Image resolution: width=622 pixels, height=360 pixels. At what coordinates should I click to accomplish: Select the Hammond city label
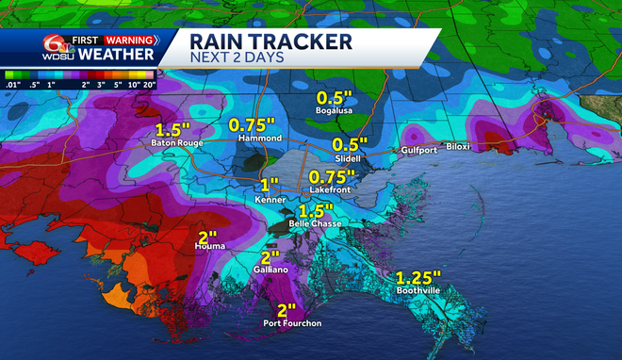click(261, 139)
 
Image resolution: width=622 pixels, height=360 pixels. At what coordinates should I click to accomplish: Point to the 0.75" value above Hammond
click(254, 124)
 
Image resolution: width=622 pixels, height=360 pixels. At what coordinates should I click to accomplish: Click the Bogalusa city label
click(336, 112)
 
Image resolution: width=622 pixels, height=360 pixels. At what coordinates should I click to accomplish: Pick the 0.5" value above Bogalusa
click(335, 98)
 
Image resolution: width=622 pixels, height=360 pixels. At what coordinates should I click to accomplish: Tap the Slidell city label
click(348, 159)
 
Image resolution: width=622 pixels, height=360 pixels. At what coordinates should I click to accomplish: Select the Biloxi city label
click(458, 147)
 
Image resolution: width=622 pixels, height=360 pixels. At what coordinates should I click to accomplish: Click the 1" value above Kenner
click(270, 183)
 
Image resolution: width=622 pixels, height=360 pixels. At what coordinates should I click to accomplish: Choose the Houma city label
click(210, 247)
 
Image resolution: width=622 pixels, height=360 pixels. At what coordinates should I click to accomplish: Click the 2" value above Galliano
click(270, 256)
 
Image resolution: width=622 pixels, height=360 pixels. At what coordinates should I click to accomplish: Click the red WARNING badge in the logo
click(128, 40)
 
